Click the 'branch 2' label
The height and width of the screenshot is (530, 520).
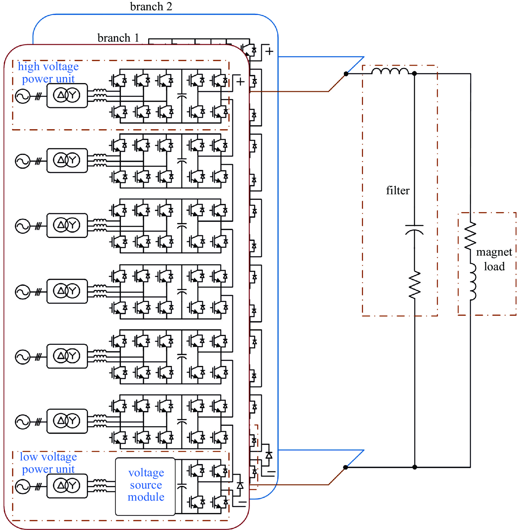pos(151,6)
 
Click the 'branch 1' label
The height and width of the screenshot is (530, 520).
pos(118,38)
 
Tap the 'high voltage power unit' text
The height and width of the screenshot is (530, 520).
pos(48,72)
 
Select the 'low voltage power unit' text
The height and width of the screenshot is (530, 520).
pos(48,463)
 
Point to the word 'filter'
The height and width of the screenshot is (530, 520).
pos(397,190)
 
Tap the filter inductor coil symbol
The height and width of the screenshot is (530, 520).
pos(390,71)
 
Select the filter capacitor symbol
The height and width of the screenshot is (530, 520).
pos(414,229)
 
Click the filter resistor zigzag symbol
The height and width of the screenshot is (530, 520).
pos(415,285)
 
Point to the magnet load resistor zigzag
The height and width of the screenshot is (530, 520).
pos(470,236)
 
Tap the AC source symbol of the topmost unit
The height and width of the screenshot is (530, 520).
pos(23,96)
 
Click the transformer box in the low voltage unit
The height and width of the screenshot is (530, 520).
pos(67,486)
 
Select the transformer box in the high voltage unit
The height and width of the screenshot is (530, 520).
pos(67,96)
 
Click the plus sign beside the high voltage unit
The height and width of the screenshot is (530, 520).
pos(240,81)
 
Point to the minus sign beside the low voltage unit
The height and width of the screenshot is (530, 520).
pos(242,502)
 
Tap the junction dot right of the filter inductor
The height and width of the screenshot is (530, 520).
pos(414,74)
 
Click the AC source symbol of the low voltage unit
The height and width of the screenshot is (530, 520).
pos(23,487)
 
